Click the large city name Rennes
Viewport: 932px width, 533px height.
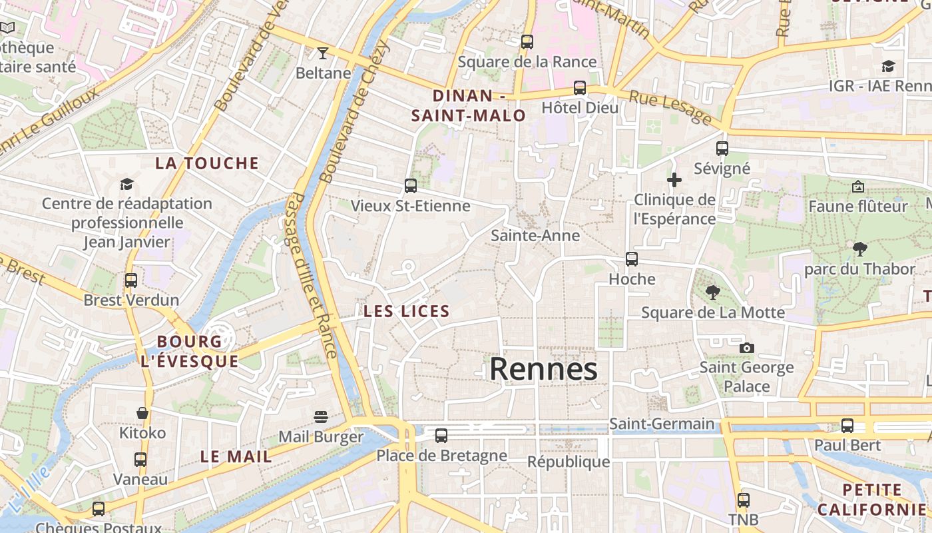point(543,369)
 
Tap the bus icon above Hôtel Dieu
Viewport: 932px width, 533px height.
point(580,88)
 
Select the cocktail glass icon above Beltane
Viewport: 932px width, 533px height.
point(323,53)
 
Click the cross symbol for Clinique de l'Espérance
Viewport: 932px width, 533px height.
point(674,180)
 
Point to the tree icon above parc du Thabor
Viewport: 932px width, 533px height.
point(859,249)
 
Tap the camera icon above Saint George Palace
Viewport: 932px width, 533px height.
point(747,348)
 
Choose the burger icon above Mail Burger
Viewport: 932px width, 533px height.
point(321,417)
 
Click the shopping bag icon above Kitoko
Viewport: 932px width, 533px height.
point(142,413)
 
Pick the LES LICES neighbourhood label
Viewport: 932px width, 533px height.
point(407,311)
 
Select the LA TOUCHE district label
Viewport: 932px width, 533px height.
point(207,163)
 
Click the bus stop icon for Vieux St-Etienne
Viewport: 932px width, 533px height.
point(411,186)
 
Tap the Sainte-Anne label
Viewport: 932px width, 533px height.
point(535,235)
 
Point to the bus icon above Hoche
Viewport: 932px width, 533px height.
point(632,259)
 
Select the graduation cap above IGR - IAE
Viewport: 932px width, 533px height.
point(888,66)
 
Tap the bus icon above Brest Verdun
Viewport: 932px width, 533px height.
point(131,280)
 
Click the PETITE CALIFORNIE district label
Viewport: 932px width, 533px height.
point(872,500)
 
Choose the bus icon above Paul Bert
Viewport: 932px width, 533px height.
point(847,425)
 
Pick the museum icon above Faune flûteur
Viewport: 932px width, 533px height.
point(857,187)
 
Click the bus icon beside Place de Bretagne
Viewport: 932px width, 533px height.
point(441,436)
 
